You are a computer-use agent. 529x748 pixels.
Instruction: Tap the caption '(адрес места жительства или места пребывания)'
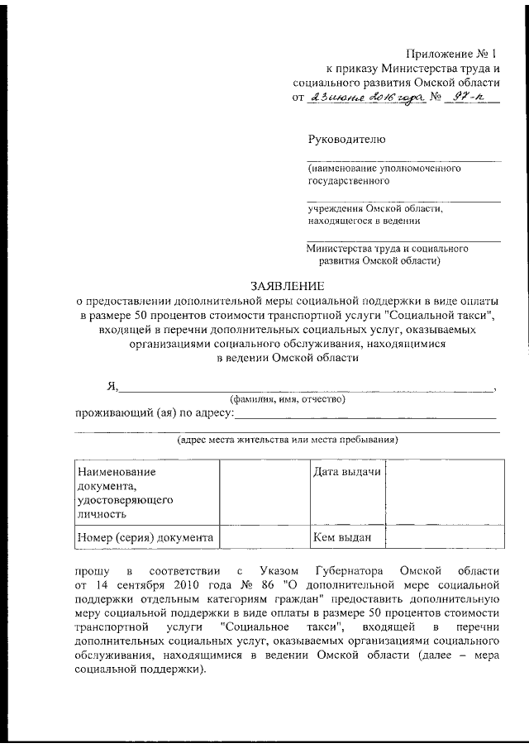pos(288,440)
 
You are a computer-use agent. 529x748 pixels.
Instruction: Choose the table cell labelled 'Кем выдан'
pos(342,537)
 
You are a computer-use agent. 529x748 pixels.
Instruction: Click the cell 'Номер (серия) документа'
pos(145,537)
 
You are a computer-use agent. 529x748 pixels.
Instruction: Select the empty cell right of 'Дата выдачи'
pos(444,492)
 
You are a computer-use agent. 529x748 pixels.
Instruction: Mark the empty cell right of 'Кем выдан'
pos(444,537)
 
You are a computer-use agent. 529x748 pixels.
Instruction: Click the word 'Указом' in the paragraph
pos(274,571)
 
